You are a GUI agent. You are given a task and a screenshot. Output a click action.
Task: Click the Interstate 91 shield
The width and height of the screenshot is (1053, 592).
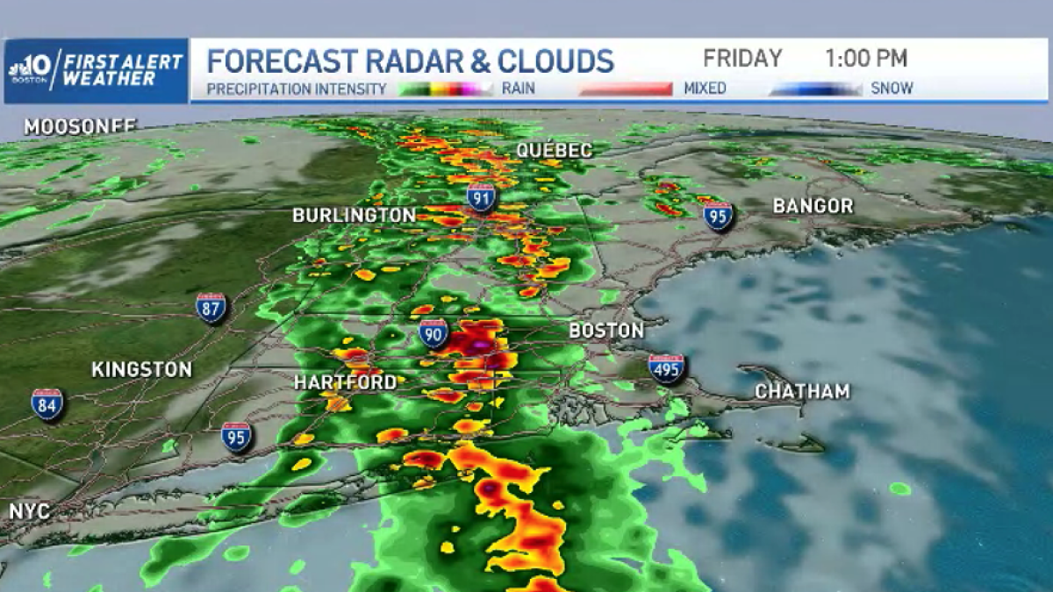pyautogui.click(x=481, y=196)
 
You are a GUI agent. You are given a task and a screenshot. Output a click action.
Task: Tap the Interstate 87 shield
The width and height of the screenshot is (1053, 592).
pyautogui.click(x=211, y=308)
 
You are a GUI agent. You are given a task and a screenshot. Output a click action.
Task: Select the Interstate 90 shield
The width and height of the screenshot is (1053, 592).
pyautogui.click(x=433, y=333)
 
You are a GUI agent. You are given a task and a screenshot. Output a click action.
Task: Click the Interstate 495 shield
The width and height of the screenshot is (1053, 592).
pyautogui.click(x=667, y=369)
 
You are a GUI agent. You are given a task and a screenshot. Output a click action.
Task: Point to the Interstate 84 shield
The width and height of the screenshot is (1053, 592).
pyautogui.click(x=47, y=404)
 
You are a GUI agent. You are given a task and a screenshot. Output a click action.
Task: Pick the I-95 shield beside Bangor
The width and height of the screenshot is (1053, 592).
pyautogui.click(x=718, y=215)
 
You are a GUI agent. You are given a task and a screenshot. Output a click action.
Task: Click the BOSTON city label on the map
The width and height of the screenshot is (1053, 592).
pyautogui.click(x=606, y=331)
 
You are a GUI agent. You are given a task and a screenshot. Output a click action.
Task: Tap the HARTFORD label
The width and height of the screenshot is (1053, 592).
pyautogui.click(x=345, y=383)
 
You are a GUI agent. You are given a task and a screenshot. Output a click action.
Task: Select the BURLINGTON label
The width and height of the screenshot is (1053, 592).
pyautogui.click(x=354, y=215)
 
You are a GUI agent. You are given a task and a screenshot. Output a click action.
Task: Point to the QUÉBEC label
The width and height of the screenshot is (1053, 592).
pyautogui.click(x=554, y=150)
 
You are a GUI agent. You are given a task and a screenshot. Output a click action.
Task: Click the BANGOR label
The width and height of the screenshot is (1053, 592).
pyautogui.click(x=813, y=206)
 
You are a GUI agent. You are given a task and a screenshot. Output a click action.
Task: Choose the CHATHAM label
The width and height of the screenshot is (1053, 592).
pyautogui.click(x=802, y=391)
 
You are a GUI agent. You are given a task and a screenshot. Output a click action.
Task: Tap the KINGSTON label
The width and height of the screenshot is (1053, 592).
pyautogui.click(x=141, y=369)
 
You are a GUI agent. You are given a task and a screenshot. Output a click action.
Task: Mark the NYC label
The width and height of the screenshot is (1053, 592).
pyautogui.click(x=29, y=510)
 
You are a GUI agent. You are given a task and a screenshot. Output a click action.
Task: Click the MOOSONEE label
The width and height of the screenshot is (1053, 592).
pyautogui.click(x=80, y=126)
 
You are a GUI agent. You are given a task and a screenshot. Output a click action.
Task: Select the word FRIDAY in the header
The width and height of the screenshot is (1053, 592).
pyautogui.click(x=742, y=59)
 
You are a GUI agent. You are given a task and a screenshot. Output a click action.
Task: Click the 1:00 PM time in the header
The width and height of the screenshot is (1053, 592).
pyautogui.click(x=865, y=59)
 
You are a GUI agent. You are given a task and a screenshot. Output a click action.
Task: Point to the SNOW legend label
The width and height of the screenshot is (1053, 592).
pyautogui.click(x=892, y=89)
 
